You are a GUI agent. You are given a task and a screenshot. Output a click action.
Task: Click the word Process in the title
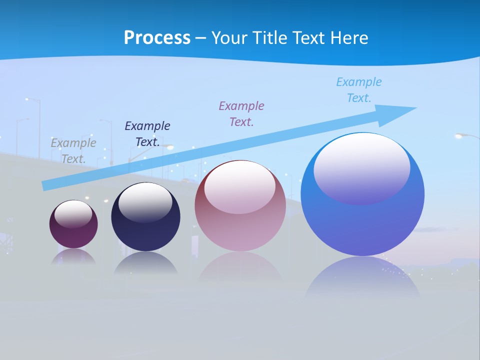coord(157,38)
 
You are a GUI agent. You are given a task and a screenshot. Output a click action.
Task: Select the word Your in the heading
coord(228,38)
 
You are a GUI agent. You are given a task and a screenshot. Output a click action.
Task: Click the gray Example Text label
coord(73,150)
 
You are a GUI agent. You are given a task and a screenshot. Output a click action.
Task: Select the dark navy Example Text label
coord(147,133)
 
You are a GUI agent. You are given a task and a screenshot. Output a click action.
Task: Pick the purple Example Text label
coord(241,113)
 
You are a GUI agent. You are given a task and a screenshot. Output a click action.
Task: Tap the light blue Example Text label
coord(359,89)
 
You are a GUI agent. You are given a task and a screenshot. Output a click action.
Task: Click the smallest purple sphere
coord(73,235)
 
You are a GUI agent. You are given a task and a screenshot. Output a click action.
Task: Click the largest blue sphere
coord(362,225)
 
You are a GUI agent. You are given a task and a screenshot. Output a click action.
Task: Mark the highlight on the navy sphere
coord(145,202)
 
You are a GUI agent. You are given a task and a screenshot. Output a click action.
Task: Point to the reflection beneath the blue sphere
coord(362,277)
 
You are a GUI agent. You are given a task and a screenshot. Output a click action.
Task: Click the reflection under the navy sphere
coord(145,263)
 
